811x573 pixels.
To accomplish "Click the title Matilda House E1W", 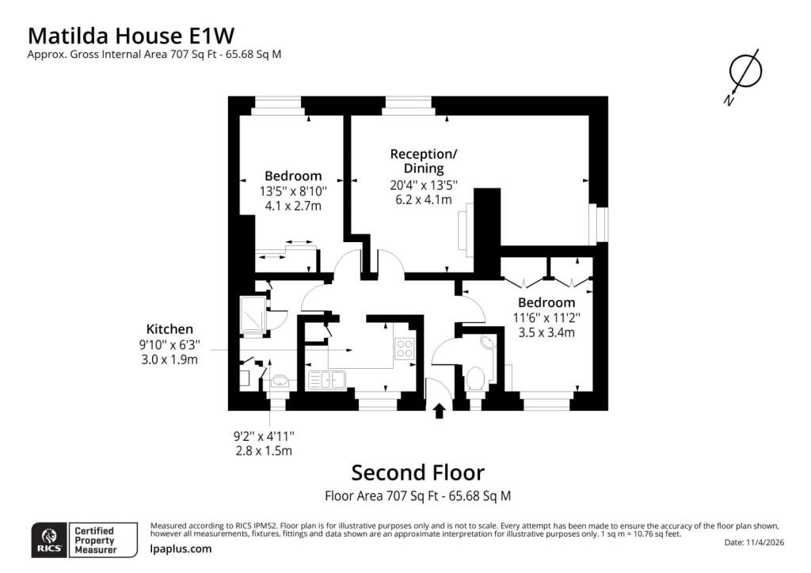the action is [x=131, y=36].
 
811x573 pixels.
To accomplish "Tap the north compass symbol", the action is [x=744, y=73].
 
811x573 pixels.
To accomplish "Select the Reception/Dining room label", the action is [x=424, y=161].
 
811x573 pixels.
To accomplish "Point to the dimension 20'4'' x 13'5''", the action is [x=424, y=185].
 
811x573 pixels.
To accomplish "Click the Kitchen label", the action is [x=169, y=329].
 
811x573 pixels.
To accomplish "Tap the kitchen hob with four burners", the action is [x=404, y=347].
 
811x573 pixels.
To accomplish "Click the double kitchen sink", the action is [x=327, y=380].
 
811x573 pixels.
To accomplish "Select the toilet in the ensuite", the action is [x=475, y=378].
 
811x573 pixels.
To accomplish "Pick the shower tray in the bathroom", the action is [x=253, y=314].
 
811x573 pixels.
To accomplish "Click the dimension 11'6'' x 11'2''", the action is [x=546, y=317].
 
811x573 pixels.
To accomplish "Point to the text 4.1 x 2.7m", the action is [x=293, y=206].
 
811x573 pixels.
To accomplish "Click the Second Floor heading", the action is [x=418, y=472].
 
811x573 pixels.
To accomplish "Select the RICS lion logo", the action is [x=50, y=540].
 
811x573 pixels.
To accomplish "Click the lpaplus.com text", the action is [x=181, y=548].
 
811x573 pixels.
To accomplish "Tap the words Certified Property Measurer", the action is [x=96, y=541].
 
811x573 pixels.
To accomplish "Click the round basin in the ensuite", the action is [x=487, y=342].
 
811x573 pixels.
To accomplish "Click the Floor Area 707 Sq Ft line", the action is [x=418, y=496].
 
